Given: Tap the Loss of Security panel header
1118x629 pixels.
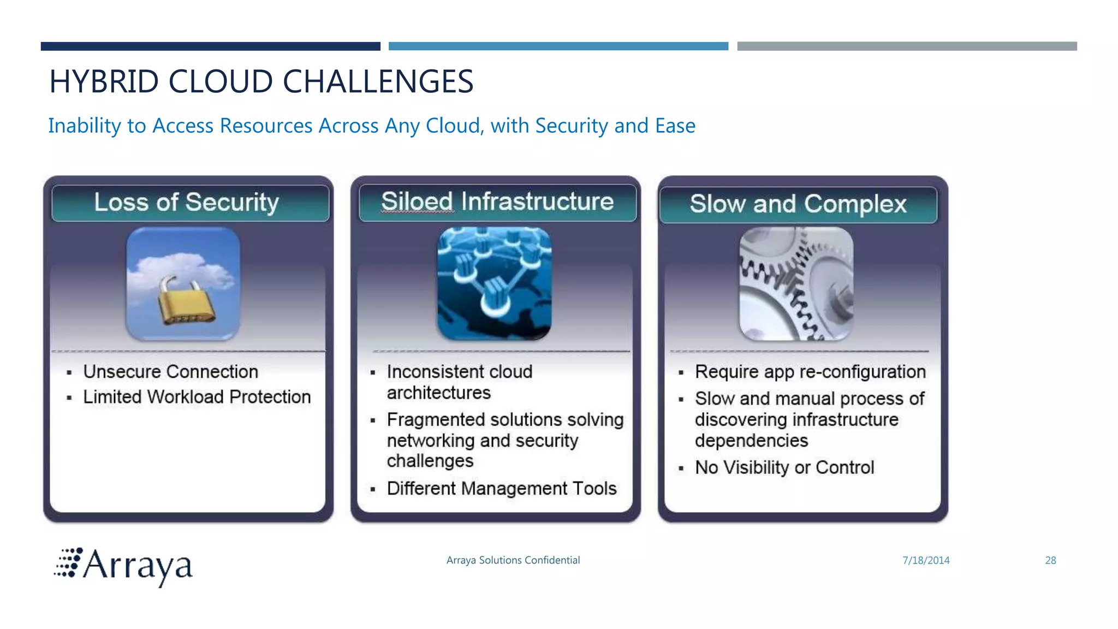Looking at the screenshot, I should tap(187, 203).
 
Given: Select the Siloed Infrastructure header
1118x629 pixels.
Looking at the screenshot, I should tap(497, 201).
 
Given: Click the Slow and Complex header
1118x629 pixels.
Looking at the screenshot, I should tap(798, 204).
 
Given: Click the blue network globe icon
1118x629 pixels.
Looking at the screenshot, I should tap(495, 283).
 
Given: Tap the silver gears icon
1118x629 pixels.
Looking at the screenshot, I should tap(796, 283).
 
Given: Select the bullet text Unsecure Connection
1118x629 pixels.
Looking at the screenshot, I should tap(170, 372).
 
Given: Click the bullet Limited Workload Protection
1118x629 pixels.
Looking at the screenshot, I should tap(197, 397).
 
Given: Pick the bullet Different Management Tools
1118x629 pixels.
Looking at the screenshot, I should tap(501, 488).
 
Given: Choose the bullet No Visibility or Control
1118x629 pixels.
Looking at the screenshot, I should tap(784, 467).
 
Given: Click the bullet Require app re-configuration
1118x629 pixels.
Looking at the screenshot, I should tap(810, 372).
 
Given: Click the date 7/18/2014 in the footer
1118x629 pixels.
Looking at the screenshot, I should tap(926, 560).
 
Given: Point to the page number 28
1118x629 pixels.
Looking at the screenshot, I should tap(1050, 560).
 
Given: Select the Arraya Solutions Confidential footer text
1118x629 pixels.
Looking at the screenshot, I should tap(513, 560).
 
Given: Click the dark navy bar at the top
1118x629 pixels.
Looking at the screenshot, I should tap(210, 46).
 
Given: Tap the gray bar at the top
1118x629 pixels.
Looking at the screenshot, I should tap(907, 46).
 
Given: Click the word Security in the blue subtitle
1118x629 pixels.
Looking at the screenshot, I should tap(571, 126).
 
